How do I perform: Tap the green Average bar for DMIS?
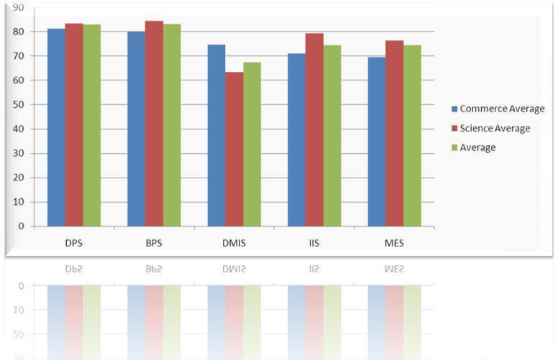(252, 144)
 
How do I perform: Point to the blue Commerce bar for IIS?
(296, 139)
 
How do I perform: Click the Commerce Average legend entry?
(502, 109)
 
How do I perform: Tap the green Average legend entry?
(477, 147)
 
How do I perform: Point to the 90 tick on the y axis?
(18, 7)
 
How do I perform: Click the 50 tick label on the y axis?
(18, 104)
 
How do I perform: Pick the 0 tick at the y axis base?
(21, 226)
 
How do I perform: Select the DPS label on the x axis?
(73, 243)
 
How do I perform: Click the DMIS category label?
(234, 243)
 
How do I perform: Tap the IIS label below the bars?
(314, 243)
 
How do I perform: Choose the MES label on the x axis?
(394, 243)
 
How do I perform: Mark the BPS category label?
(153, 243)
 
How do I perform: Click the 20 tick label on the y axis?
(18, 177)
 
